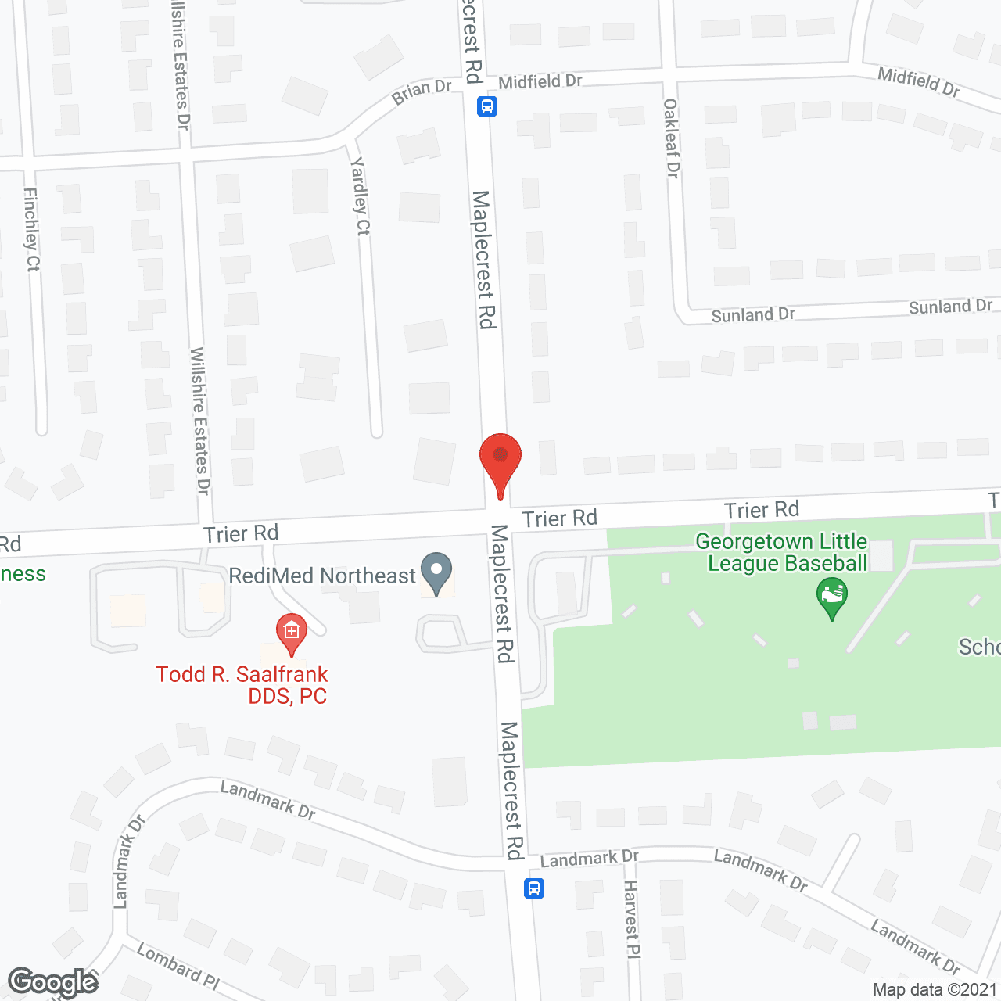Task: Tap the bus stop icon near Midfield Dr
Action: (x=486, y=106)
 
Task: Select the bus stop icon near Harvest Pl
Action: (x=534, y=888)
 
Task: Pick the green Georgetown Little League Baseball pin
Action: (x=832, y=597)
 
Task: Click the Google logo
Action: (x=52, y=982)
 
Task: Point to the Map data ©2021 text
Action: (x=935, y=990)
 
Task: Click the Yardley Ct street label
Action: (x=361, y=196)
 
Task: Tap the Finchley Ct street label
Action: (x=31, y=230)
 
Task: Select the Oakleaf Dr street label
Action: (x=672, y=138)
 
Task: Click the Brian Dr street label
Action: (x=422, y=91)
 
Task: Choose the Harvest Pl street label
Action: (x=632, y=919)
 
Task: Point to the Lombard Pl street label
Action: (x=178, y=967)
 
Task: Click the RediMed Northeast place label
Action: (x=322, y=576)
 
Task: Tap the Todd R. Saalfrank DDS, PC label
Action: (x=242, y=685)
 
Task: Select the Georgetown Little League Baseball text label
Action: (x=782, y=552)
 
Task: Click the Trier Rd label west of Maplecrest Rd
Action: (x=241, y=533)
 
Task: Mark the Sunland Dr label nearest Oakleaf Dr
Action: (x=753, y=315)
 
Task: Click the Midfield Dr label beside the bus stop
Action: (x=540, y=81)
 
